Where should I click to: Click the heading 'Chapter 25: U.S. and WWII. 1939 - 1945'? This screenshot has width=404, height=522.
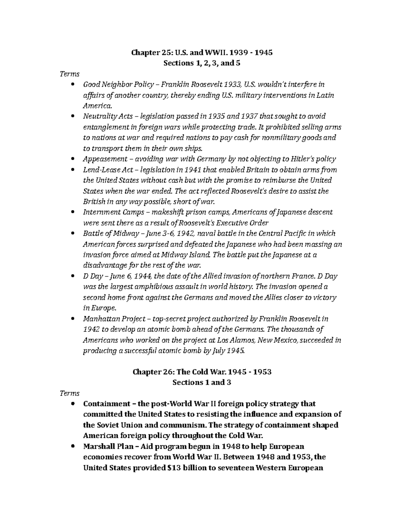point(202,52)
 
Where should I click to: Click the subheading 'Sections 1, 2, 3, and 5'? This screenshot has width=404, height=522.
point(202,63)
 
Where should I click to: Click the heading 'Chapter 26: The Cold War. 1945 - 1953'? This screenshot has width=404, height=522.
point(202,372)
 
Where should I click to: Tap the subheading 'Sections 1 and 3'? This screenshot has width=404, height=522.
point(202,383)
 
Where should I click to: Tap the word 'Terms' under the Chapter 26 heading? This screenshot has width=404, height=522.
point(69,393)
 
